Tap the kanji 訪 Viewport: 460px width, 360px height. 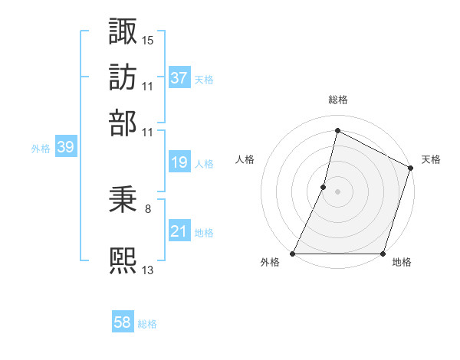[123, 77]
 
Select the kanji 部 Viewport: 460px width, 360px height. [123, 123]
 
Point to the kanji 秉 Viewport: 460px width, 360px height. [123, 200]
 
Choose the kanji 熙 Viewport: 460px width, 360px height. [123, 259]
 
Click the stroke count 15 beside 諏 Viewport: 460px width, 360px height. [148, 39]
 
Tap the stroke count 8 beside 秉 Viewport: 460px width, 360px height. [148, 208]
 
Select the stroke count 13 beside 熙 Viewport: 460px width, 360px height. [148, 269]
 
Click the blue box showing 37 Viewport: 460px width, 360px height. [179, 77]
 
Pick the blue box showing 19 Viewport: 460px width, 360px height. [179, 162]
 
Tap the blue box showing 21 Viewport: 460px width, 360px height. [179, 231]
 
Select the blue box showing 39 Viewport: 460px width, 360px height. [65, 148]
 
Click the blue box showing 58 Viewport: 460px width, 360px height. [123, 323]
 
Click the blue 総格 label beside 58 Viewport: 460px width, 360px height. [147, 324]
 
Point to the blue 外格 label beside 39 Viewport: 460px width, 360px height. [41, 149]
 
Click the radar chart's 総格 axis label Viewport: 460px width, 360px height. [338, 100]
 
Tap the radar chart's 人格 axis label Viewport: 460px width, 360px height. [245, 159]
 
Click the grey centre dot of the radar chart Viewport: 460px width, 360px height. [338, 191]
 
